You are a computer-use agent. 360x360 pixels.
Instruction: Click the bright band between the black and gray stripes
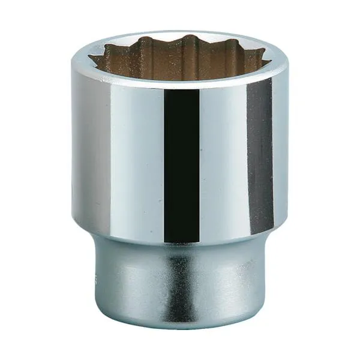222,162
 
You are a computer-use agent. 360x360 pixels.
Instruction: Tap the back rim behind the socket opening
180,34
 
